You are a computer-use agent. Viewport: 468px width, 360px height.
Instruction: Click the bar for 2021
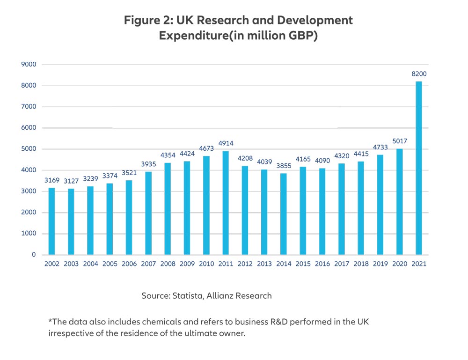(419, 169)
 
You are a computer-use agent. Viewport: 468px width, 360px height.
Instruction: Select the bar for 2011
(226, 203)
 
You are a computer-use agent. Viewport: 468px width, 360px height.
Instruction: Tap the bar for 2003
(71, 222)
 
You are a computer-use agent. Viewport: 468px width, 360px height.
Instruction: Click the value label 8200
(419, 74)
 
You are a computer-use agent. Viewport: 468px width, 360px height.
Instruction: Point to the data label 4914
(226, 143)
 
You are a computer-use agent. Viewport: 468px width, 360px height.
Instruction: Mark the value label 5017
(400, 141)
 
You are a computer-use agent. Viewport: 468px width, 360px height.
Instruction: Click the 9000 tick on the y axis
(29, 65)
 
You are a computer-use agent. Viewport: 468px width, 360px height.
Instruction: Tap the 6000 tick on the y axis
(29, 128)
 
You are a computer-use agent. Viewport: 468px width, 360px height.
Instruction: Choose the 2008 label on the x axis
(168, 264)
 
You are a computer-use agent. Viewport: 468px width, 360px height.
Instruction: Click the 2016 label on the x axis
(322, 264)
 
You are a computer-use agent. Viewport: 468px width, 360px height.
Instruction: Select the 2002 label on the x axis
(51, 264)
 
